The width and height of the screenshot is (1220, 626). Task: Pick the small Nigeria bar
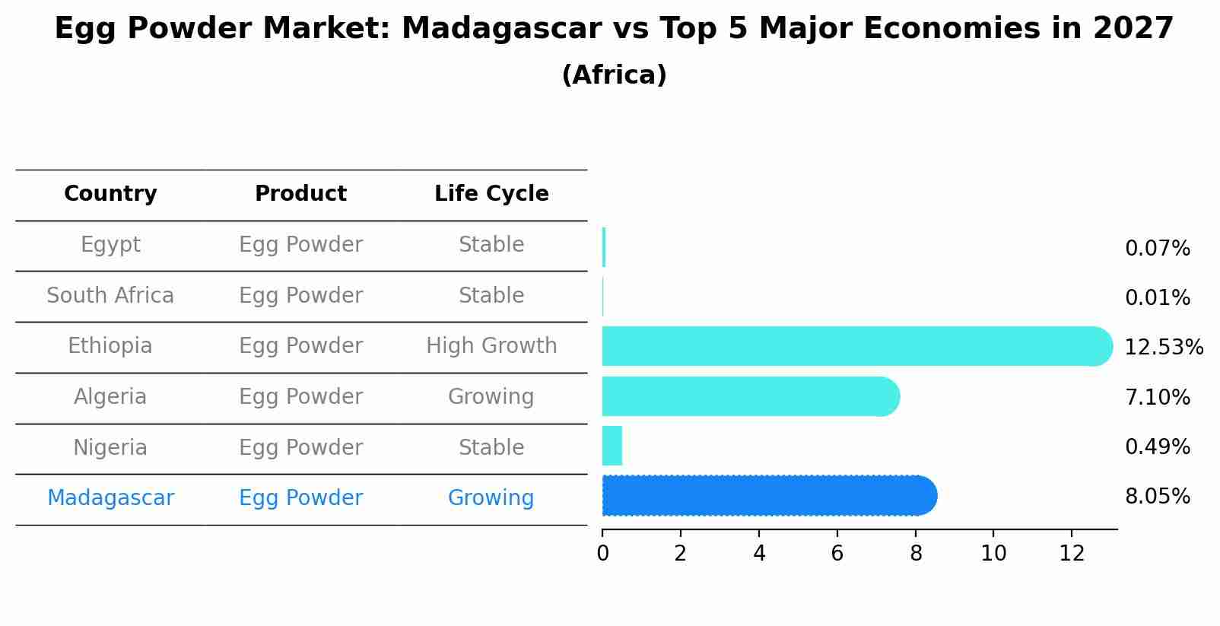[x=612, y=446]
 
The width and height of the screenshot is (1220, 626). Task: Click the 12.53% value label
[x=1163, y=348]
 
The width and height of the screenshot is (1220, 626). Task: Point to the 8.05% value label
[x=1157, y=497]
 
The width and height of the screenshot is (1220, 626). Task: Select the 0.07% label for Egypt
[x=1157, y=249]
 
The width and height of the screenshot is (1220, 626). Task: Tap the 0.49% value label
[x=1157, y=447]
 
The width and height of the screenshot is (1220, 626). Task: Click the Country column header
[x=110, y=194]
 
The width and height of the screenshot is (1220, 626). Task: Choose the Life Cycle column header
[x=491, y=194]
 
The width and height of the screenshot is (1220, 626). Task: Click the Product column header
[x=300, y=194]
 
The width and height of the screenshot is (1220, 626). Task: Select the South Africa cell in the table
[x=110, y=296]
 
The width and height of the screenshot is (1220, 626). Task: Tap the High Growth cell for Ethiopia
[x=491, y=346]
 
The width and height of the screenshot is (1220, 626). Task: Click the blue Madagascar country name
[x=110, y=498]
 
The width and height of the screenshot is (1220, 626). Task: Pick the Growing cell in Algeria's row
[x=491, y=397]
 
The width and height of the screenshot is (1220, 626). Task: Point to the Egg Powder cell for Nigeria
[x=300, y=448]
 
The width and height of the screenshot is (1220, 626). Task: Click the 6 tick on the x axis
[x=837, y=554]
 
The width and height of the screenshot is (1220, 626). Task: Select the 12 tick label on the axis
[x=1072, y=554]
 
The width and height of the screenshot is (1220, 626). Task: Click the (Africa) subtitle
[x=614, y=75]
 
